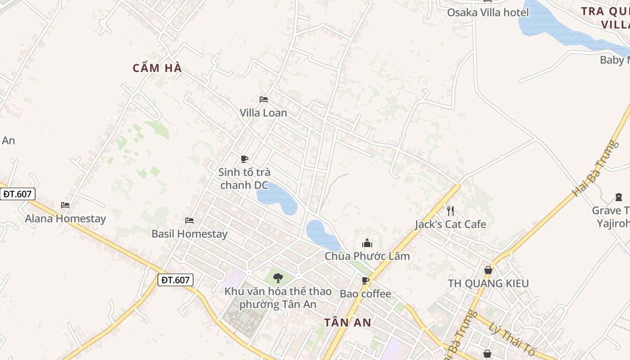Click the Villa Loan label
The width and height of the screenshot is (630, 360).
pyautogui.click(x=263, y=112)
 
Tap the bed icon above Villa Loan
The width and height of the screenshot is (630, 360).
pyautogui.click(x=264, y=99)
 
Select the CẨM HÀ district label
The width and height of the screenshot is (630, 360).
pyautogui.click(x=157, y=68)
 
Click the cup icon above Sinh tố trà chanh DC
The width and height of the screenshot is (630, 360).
pyautogui.click(x=244, y=159)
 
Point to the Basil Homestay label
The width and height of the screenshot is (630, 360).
pyautogui.click(x=189, y=234)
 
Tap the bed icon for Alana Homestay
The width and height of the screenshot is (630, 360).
pyautogui.click(x=65, y=205)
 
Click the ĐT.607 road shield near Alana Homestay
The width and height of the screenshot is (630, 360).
pyautogui.click(x=18, y=194)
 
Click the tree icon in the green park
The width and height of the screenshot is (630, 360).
pyautogui.click(x=278, y=278)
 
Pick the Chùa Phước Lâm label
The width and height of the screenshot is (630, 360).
pyautogui.click(x=367, y=256)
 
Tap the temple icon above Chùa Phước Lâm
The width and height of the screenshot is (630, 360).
pyautogui.click(x=367, y=243)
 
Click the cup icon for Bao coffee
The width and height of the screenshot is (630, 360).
pyautogui.click(x=365, y=281)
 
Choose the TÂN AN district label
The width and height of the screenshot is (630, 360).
pyautogui.click(x=348, y=322)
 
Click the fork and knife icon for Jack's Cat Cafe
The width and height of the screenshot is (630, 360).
pyautogui.click(x=450, y=211)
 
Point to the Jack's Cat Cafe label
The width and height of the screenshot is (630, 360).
pyautogui.click(x=450, y=224)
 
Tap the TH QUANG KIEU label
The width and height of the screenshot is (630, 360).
pyautogui.click(x=488, y=283)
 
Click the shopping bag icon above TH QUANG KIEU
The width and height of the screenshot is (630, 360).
pyautogui.click(x=488, y=270)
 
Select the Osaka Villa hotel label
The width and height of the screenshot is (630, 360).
pyautogui.click(x=488, y=12)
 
